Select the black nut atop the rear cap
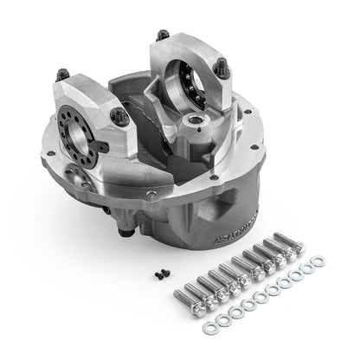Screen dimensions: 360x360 [162, 36]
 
